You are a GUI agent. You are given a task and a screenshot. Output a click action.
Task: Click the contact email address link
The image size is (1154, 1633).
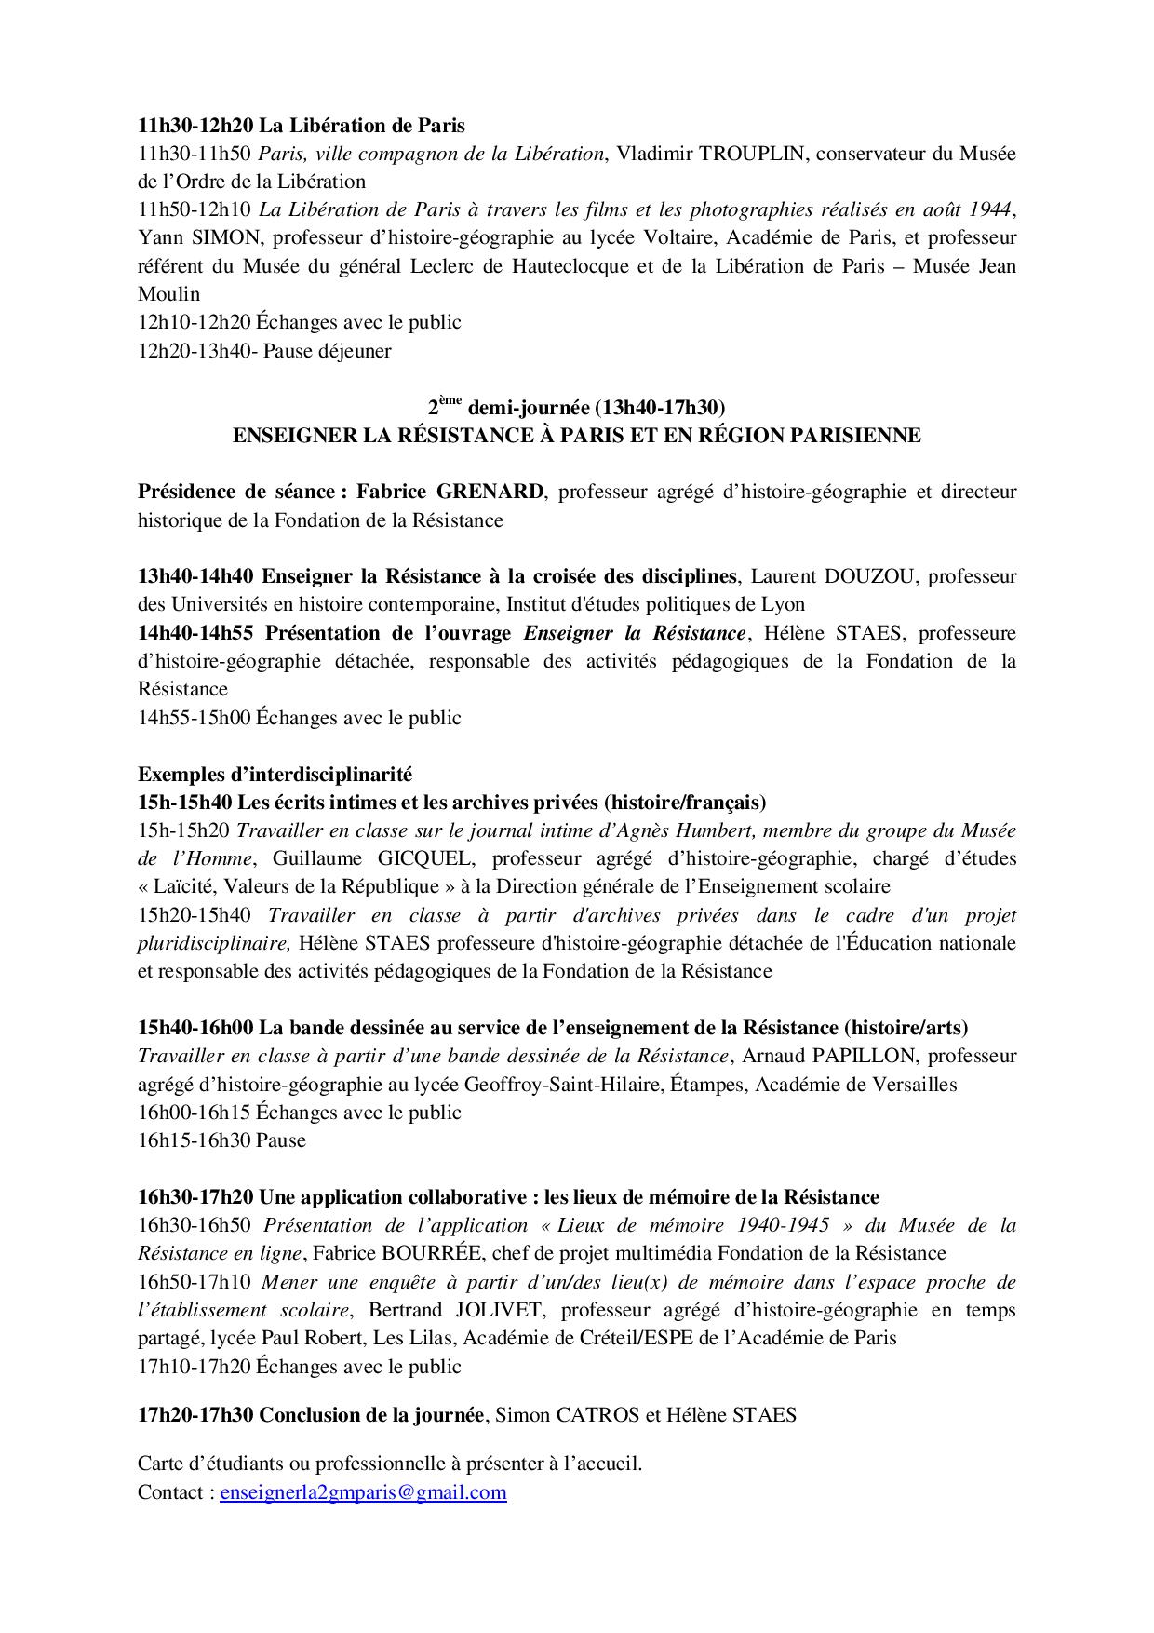(363, 1492)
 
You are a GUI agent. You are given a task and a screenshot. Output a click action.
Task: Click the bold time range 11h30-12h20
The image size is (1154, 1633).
(195, 125)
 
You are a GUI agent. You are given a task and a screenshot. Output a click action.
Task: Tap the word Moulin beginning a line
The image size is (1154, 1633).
(168, 294)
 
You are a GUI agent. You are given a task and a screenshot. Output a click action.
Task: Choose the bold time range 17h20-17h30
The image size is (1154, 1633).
(195, 1415)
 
